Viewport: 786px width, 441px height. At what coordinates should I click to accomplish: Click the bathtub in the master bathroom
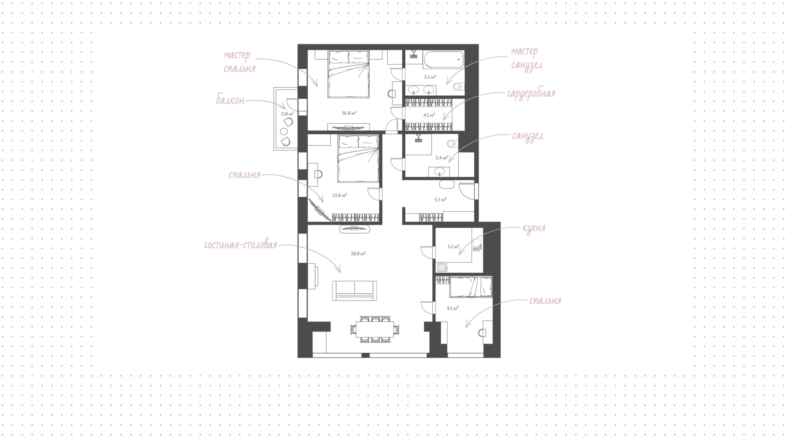443,60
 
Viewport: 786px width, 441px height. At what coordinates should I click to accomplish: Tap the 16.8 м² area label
349,113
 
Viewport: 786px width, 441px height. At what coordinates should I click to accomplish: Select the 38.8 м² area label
358,254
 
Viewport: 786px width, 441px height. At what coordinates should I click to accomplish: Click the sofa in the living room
355,291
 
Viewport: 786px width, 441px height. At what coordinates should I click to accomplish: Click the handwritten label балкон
230,100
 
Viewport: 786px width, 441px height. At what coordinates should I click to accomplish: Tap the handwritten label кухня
534,228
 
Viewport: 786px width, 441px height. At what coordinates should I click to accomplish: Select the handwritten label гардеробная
531,94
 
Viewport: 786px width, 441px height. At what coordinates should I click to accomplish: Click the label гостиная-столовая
240,245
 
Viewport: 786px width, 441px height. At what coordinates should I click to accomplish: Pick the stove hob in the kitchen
442,268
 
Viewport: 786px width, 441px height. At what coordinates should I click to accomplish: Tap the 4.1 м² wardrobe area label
429,115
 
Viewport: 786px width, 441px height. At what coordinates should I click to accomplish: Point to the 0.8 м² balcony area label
287,114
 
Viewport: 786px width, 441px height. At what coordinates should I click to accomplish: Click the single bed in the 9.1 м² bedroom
470,287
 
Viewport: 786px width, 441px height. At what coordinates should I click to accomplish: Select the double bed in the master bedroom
349,74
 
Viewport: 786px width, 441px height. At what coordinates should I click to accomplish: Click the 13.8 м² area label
339,195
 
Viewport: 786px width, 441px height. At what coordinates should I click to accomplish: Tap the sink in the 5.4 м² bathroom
440,171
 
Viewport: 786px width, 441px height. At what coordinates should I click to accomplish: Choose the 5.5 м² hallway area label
440,200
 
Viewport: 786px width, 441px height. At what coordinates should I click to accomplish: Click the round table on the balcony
283,131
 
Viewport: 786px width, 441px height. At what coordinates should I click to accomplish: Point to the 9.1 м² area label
452,308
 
